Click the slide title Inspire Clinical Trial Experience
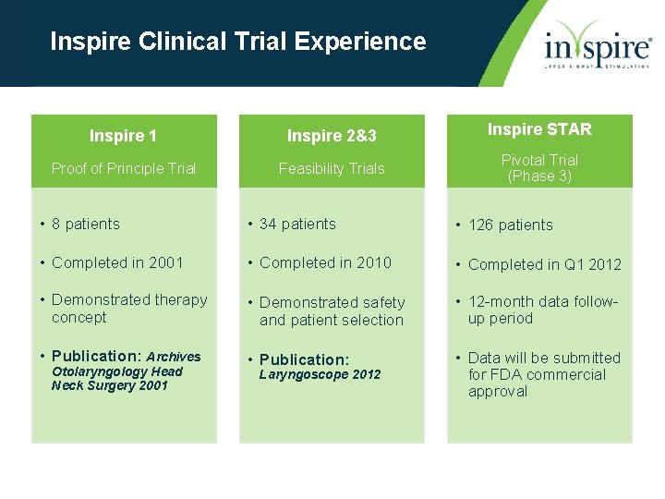237,42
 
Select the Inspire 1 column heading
123,136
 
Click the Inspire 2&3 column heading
332,136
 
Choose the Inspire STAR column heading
539,129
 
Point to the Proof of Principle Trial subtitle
123,168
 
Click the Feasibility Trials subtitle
332,168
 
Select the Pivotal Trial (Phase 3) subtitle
539,168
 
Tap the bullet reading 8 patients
85,224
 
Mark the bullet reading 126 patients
510,225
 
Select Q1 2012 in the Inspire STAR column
593,264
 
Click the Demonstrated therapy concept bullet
128,309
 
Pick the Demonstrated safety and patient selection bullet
332,311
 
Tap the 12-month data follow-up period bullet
543,310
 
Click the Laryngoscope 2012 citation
320,374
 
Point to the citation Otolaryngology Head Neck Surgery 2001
116,378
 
